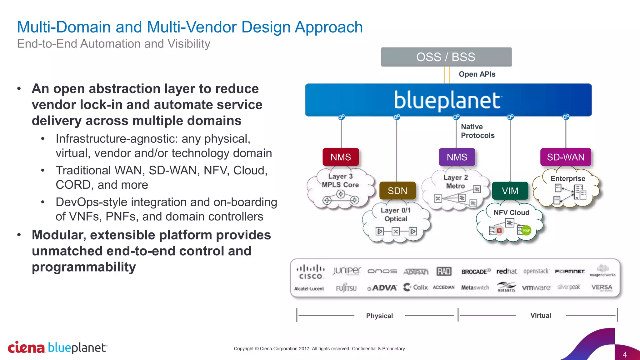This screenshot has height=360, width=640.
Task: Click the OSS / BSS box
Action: (446, 57)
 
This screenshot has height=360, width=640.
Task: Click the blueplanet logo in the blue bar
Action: (447, 100)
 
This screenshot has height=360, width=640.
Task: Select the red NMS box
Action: (341, 157)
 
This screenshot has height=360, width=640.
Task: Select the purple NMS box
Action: (457, 157)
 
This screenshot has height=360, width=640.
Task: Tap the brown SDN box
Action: (397, 191)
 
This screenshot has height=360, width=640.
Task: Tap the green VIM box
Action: (510, 191)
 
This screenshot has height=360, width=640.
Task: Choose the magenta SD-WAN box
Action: (565, 157)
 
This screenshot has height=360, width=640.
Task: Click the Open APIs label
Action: (477, 74)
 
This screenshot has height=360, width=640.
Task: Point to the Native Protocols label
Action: (477, 131)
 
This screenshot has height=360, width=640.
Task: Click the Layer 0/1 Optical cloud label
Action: (396, 214)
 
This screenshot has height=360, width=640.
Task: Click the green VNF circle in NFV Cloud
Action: (526, 231)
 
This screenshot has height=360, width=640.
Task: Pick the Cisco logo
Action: (310, 272)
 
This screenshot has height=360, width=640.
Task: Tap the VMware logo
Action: (536, 287)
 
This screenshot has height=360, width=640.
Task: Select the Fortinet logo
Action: (570, 271)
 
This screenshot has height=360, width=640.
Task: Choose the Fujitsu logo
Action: (346, 288)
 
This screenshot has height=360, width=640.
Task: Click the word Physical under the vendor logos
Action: (379, 316)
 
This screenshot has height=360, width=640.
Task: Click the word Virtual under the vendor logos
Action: (540, 316)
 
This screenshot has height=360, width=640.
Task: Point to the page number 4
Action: (624, 354)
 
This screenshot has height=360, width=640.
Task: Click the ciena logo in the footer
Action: (26, 347)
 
